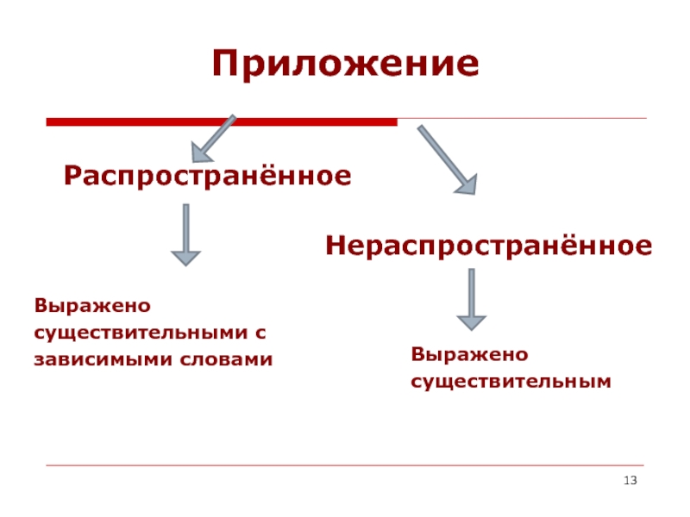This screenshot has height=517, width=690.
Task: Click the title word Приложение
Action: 345,65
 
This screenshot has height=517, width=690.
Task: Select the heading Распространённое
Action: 207,177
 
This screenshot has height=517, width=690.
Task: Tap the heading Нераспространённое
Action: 488,247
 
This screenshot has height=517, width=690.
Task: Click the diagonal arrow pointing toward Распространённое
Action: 213,138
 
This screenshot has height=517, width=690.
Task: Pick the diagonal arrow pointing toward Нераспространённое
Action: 447,159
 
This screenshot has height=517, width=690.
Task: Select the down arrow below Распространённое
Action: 185,234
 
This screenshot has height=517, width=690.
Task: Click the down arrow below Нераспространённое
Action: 471,298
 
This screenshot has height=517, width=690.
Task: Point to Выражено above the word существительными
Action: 92,306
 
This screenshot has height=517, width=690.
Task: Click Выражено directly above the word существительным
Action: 469,354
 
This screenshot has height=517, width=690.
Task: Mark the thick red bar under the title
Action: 221,122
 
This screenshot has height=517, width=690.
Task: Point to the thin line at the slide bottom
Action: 345,466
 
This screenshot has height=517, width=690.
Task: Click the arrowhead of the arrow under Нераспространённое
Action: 471,321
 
